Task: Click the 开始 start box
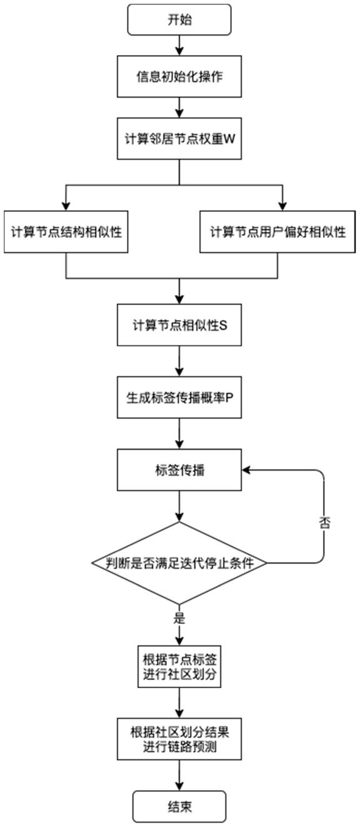[x=179, y=20]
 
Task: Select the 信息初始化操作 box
[x=179, y=77]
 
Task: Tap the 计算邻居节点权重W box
[x=179, y=139]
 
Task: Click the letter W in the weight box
[x=229, y=139]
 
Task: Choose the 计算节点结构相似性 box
[x=66, y=232]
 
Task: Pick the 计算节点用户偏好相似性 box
[x=277, y=232]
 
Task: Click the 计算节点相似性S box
[x=179, y=325]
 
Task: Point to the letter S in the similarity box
[x=223, y=325]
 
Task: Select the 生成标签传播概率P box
[x=179, y=398]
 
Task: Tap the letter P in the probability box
[x=229, y=398]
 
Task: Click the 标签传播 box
[x=179, y=469]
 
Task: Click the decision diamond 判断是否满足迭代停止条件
[x=179, y=563]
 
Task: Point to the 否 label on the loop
[x=324, y=523]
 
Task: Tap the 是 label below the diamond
[x=179, y=618]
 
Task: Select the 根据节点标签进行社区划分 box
[x=179, y=667]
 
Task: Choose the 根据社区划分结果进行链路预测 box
[x=179, y=739]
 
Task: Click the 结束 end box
[x=179, y=806]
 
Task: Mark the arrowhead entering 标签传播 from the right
[x=246, y=470]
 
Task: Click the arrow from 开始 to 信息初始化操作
[x=179, y=46]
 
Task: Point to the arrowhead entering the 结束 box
[x=179, y=786]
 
